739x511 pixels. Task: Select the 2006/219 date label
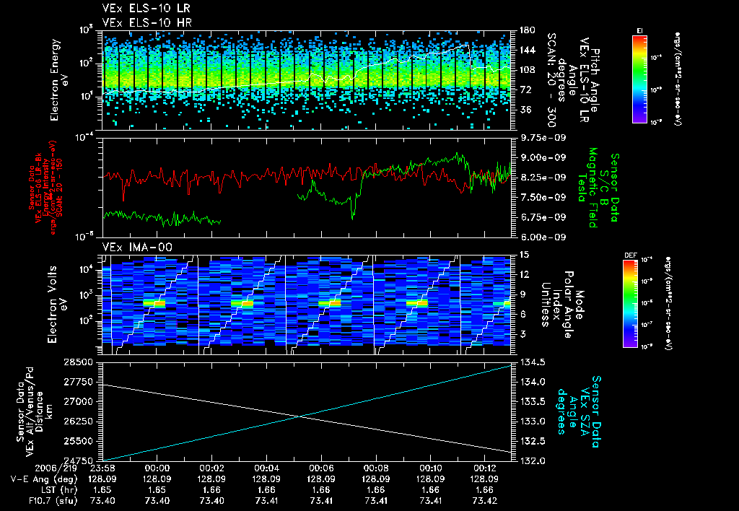coord(29,468)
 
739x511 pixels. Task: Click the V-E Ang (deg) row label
coord(40,478)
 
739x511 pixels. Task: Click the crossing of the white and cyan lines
coord(301,416)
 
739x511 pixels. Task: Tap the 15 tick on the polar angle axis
coord(520,254)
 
